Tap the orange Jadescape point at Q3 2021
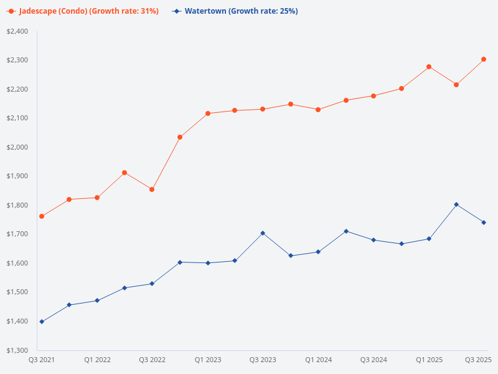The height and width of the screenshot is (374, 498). pos(42,216)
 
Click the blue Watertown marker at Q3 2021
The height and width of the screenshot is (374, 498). pos(42,322)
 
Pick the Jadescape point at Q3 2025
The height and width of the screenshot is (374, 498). pos(484,59)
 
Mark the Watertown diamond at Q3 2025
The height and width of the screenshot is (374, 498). pos(484,223)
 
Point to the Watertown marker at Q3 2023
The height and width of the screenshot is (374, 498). pos(263,233)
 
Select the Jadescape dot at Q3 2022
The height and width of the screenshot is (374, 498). pos(152,189)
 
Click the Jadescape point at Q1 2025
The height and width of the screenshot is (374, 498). pos(429,67)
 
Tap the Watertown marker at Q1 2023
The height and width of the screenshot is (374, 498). pos(207,263)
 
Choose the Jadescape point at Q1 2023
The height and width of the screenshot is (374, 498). pos(207,113)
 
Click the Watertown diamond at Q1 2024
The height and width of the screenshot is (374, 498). pos(318,252)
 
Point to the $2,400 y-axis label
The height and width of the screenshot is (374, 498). pos(17,31)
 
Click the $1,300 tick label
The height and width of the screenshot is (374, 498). pos(17,350)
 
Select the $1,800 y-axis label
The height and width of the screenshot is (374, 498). pos(17,205)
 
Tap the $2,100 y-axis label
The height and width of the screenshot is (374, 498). pos(17,118)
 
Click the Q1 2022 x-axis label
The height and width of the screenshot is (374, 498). pos(97,360)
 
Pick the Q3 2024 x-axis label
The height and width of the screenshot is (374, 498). pos(374,360)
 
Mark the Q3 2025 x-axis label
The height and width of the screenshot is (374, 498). pos(479,360)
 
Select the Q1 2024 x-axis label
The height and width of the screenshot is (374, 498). pos(318,360)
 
